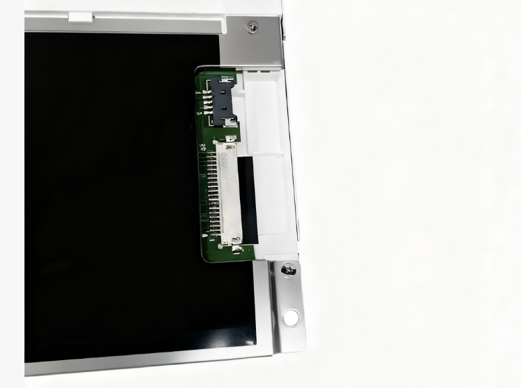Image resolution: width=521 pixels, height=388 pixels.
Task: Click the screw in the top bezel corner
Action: coord(251,26)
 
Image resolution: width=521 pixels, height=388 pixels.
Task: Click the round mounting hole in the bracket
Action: coord(291,318)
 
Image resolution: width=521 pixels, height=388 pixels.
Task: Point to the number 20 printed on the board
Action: coord(202,147)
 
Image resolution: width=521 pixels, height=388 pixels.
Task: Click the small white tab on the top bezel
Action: coord(80,17)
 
